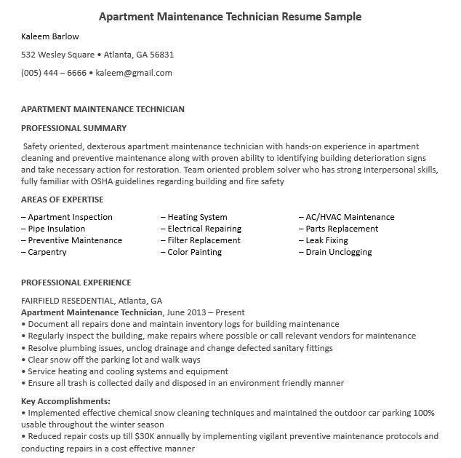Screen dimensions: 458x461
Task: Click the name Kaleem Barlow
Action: [50, 36]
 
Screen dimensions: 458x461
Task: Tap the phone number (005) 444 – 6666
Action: [54, 73]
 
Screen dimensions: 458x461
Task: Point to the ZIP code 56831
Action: [161, 55]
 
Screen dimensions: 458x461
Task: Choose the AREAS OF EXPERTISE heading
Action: [63, 200]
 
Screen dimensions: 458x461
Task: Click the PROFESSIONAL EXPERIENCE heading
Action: [76, 283]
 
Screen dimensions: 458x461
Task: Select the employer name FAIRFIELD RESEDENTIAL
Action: [68, 301]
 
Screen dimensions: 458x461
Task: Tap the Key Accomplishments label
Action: [66, 401]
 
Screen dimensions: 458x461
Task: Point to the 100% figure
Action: [424, 413]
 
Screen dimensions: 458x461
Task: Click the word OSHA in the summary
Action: [93, 181]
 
